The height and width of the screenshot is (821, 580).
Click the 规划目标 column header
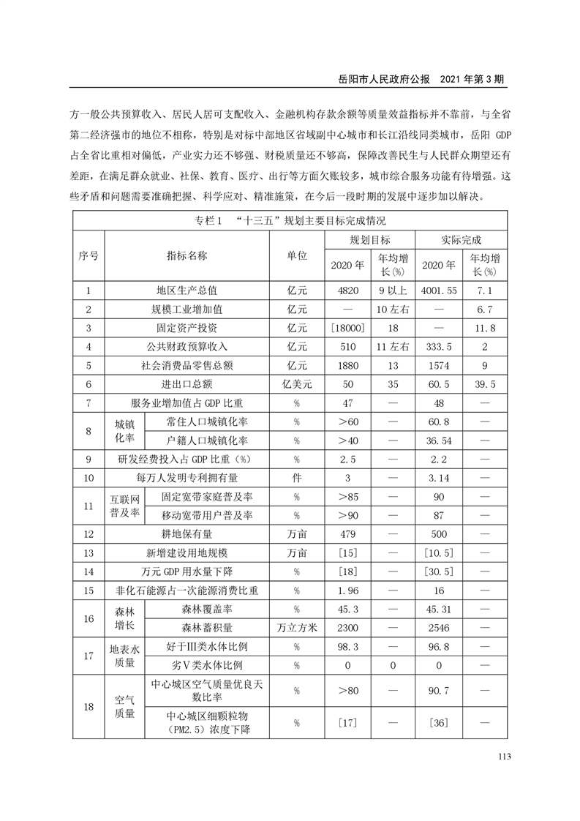tap(369, 240)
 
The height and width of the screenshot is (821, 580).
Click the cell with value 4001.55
tap(440, 290)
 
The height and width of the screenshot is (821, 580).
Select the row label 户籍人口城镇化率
tap(207, 441)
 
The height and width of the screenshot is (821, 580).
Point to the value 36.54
tap(440, 441)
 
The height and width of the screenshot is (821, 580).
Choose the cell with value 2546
tap(440, 627)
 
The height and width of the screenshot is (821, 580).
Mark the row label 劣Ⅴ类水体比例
tap(207, 665)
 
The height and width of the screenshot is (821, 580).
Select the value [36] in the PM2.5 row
tap(440, 722)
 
